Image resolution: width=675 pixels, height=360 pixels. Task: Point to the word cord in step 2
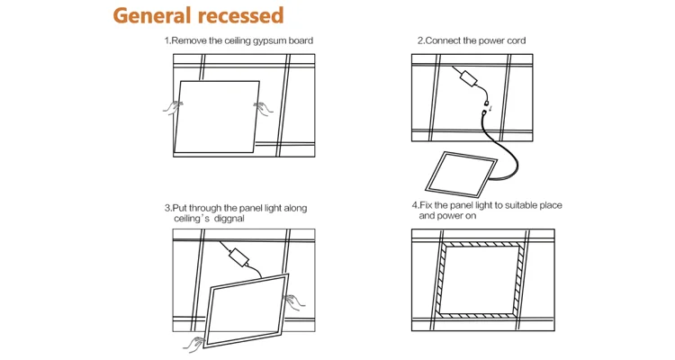[516, 40]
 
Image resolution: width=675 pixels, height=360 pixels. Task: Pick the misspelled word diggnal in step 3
[229, 219]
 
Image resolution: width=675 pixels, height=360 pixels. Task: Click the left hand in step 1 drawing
[172, 108]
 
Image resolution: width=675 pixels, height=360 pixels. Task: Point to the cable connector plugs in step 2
[490, 105]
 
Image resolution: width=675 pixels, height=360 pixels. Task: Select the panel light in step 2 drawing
[465, 174]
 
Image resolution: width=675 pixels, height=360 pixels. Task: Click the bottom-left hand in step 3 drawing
[194, 343]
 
